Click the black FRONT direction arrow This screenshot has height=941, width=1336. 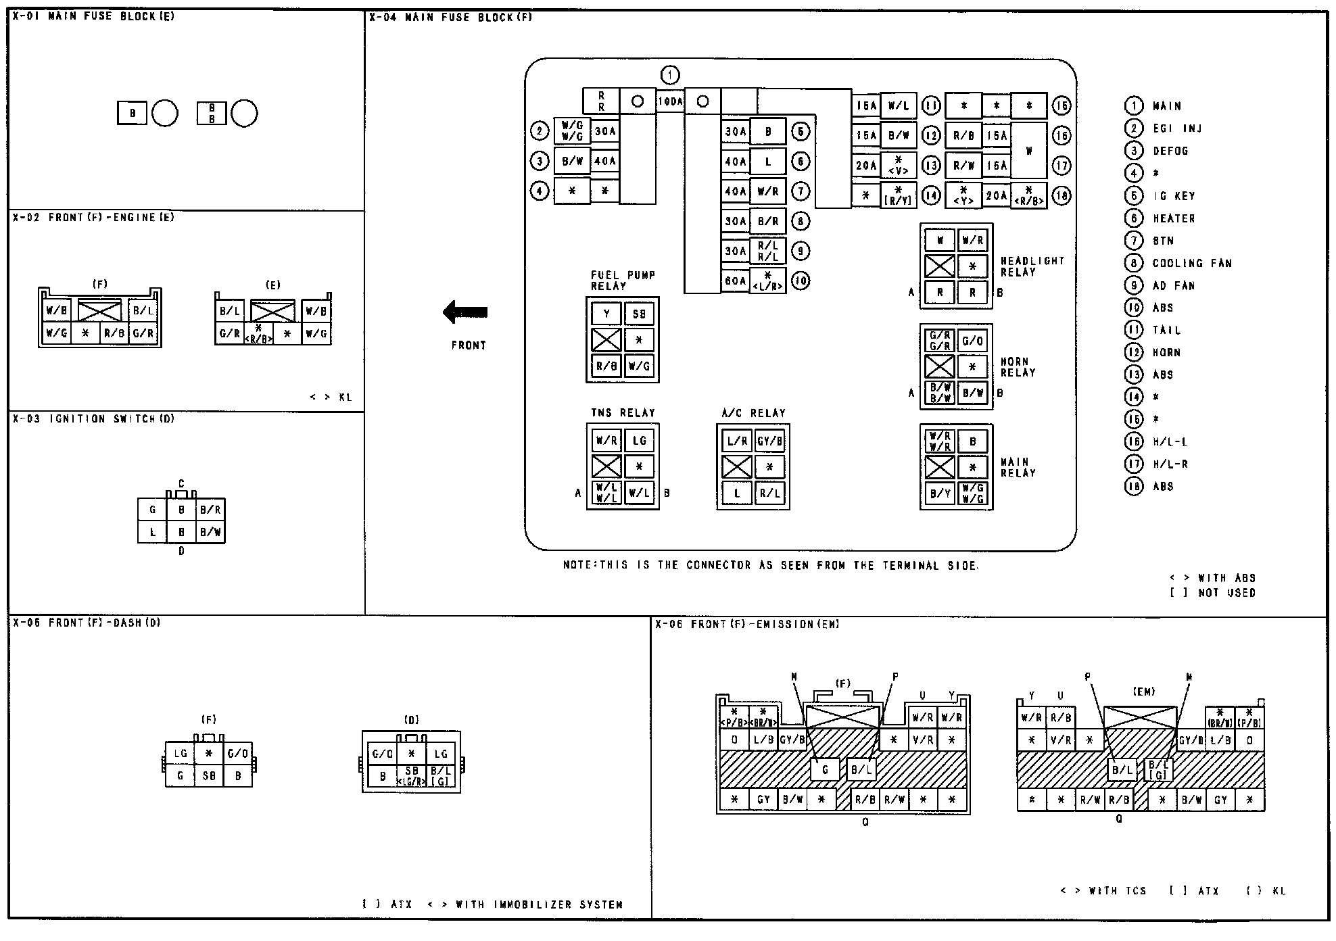click(x=465, y=312)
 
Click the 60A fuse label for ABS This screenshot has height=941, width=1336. click(x=736, y=281)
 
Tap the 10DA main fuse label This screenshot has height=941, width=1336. click(x=670, y=101)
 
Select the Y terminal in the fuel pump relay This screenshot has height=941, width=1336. click(x=606, y=314)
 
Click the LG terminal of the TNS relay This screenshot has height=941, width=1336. click(x=639, y=441)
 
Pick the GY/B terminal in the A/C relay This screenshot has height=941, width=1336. click(x=769, y=441)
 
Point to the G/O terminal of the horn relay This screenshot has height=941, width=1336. click(x=972, y=341)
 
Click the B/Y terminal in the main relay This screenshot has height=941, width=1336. click(x=940, y=493)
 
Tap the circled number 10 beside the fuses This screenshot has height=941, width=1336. click(x=800, y=281)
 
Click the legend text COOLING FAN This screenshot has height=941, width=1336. click(x=1192, y=263)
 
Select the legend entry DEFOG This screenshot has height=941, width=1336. click(x=1170, y=151)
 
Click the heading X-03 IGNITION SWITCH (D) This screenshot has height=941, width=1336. click(x=93, y=419)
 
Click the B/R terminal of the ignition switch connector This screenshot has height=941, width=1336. click(x=210, y=510)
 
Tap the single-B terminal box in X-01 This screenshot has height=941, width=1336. click(x=133, y=113)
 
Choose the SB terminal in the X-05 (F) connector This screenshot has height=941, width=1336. click(x=209, y=776)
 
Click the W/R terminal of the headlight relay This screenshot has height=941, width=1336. click(x=972, y=240)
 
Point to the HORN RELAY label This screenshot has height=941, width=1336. click(x=1018, y=367)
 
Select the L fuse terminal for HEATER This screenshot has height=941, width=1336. click(x=768, y=162)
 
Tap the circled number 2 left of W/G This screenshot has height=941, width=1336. click(x=539, y=130)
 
